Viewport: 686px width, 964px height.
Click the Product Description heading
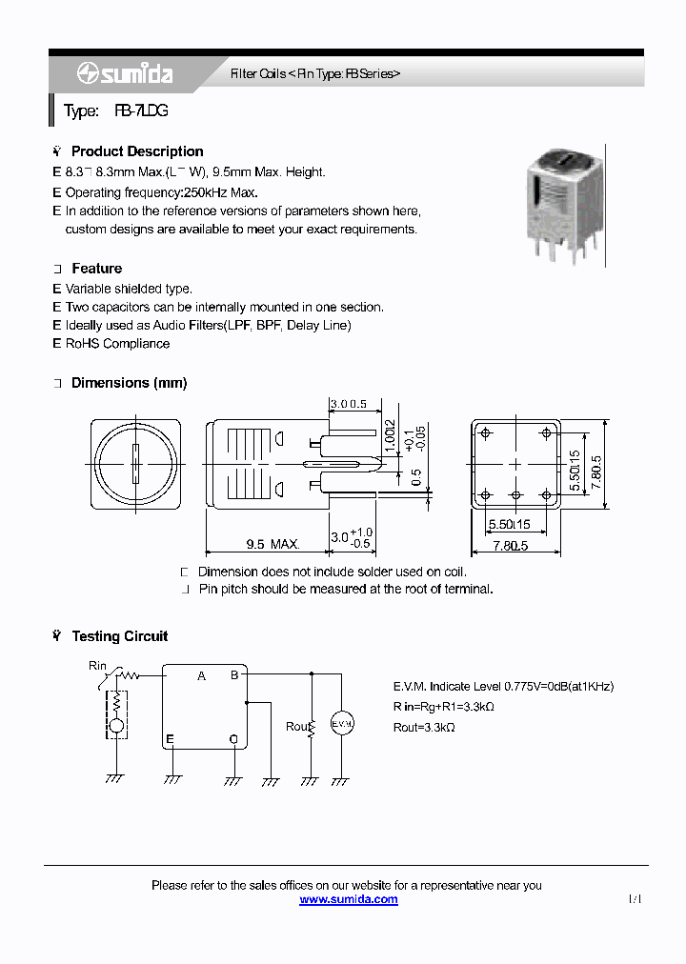coord(136,151)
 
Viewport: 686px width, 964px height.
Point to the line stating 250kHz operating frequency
coord(161,191)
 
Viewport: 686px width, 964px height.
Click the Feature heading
coord(96,269)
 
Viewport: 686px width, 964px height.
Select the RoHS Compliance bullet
coord(117,344)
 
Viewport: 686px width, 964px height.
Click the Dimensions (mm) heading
coord(129,383)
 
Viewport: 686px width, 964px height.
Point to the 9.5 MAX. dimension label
coord(272,545)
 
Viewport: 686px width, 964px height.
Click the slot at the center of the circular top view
coord(135,465)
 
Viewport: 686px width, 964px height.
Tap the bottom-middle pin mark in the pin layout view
coord(515,494)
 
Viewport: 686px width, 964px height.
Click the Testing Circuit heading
coord(119,636)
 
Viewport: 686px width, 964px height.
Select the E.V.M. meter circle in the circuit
coord(342,725)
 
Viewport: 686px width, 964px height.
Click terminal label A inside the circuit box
coord(201,676)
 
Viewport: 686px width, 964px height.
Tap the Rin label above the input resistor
coord(97,665)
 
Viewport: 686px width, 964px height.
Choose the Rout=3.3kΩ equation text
coord(424,728)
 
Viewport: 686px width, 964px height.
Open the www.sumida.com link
coord(349,899)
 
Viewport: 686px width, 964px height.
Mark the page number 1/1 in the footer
coord(636,899)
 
